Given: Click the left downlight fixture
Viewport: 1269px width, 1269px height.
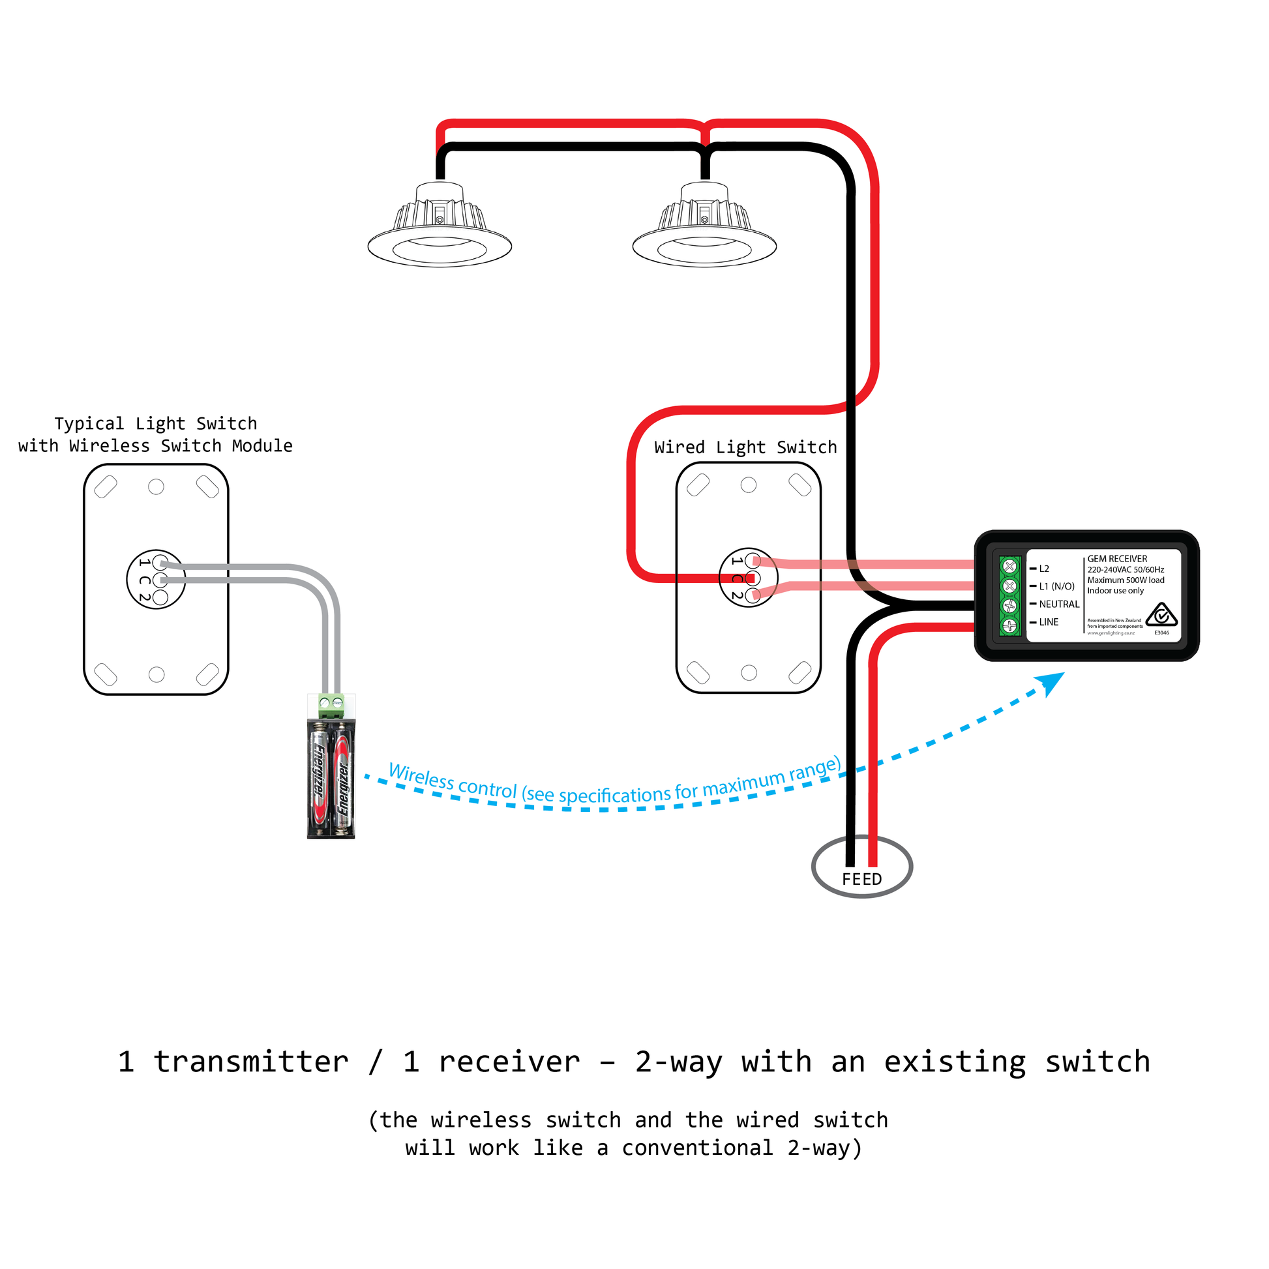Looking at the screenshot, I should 440,227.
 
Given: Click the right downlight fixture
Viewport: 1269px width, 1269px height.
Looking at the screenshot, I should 704,227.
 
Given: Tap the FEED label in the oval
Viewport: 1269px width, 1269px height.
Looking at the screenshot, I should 862,880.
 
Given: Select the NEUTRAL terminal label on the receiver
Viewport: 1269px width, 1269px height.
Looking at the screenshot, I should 1059,605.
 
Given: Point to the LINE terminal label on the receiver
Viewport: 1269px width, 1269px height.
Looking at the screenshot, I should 1049,622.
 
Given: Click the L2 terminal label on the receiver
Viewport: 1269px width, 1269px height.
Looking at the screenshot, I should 1044,569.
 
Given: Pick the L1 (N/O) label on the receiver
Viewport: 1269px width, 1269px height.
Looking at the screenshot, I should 1056,586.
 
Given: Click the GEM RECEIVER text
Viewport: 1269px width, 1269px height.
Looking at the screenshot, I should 1117,559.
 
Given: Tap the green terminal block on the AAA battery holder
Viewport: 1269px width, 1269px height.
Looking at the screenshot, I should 331,706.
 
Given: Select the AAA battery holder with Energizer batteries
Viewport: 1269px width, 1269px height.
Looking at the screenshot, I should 331,779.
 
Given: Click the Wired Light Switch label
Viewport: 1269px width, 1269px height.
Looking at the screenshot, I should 745,447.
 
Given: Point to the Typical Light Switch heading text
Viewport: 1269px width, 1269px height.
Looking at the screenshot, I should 156,424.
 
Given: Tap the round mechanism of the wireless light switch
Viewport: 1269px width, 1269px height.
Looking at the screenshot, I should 156,579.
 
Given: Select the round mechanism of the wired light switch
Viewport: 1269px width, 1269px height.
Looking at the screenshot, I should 748,577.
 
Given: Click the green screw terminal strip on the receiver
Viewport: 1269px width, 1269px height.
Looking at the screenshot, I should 1009,595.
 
